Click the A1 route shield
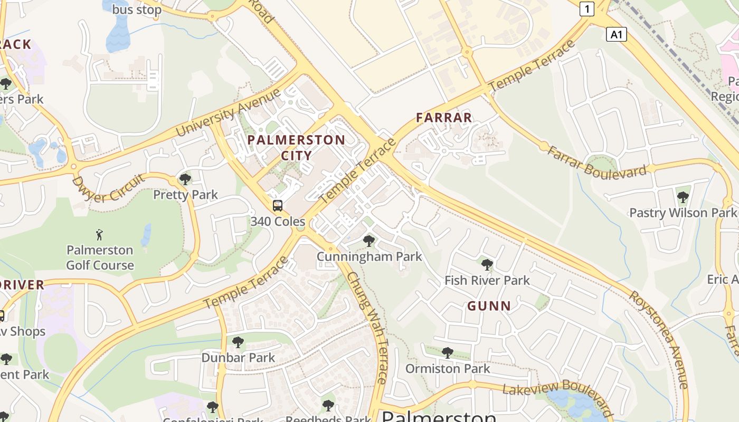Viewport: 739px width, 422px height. (x=616, y=35)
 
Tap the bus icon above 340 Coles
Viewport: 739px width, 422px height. (x=278, y=206)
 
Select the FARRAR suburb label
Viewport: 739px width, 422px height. (x=444, y=118)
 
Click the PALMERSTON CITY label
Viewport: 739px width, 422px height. (x=296, y=147)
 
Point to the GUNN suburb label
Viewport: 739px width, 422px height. (x=489, y=306)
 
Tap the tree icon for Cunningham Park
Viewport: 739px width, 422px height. (x=369, y=242)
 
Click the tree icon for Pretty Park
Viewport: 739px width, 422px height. (x=185, y=179)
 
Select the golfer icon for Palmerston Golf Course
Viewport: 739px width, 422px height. (x=100, y=234)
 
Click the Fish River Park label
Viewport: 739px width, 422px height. (x=487, y=280)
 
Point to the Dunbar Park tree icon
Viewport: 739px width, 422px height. (x=238, y=342)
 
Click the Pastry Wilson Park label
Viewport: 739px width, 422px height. (x=683, y=213)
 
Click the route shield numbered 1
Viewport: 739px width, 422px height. (x=587, y=8)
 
